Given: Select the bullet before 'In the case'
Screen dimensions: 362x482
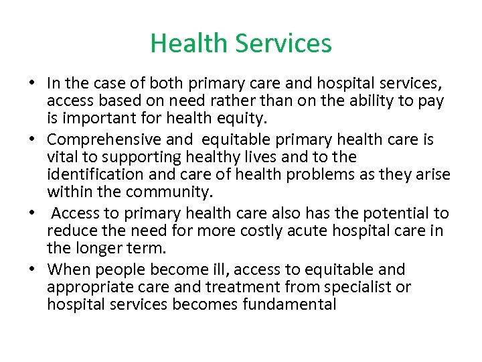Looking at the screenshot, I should click(32, 84).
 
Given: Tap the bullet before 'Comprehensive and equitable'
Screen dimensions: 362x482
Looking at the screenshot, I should click(32, 140).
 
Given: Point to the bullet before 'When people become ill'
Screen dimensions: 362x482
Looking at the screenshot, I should click(32, 269).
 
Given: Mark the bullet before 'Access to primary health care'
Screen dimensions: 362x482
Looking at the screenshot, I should click(32, 214).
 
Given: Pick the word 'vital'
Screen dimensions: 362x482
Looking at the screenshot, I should click(61, 158).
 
